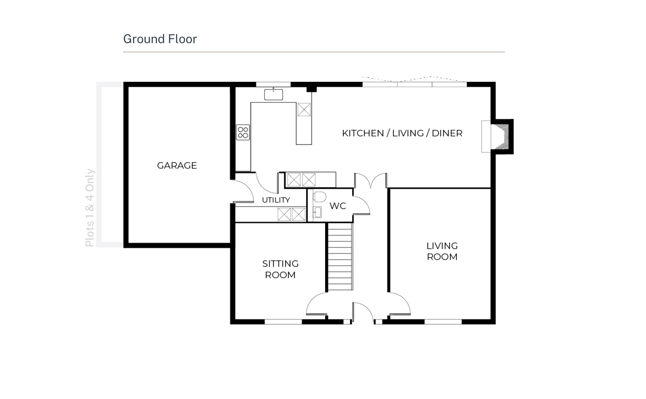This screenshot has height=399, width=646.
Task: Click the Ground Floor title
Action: [160, 39]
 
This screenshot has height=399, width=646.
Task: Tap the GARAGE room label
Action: [177, 166]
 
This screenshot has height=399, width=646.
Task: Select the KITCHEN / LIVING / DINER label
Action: [402, 133]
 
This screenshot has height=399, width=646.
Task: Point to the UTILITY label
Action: [276, 200]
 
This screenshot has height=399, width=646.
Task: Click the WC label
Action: [338, 206]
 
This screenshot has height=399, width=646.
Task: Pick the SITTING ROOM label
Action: [280, 269]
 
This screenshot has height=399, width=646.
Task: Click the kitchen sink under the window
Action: [273, 94]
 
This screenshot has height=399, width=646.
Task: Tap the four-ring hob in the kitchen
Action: [243, 132]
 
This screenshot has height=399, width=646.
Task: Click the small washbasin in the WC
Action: [317, 212]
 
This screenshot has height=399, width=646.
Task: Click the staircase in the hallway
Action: [340, 256]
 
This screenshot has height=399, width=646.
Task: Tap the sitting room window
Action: [283, 322]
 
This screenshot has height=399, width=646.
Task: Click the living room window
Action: [443, 322]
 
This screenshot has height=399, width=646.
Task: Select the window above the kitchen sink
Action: [273, 84]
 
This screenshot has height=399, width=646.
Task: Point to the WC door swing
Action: [362, 205]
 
